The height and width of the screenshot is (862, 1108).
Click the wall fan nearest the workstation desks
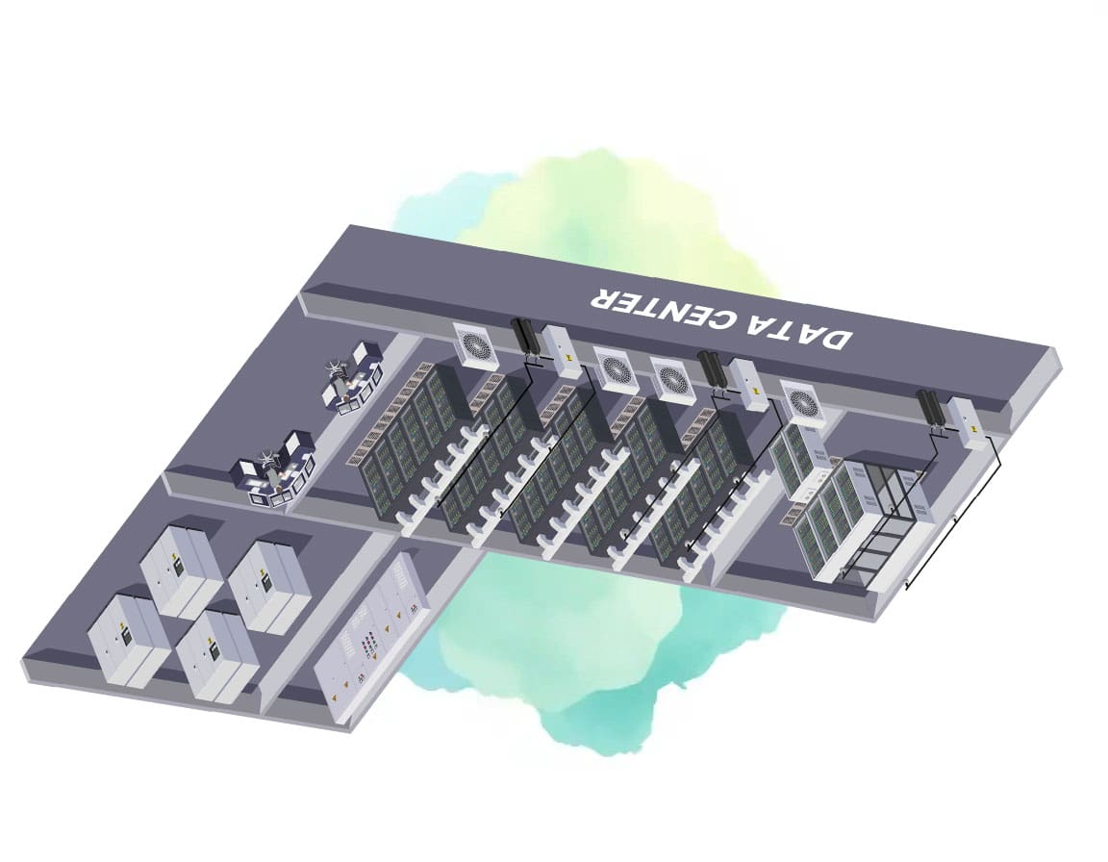475,344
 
